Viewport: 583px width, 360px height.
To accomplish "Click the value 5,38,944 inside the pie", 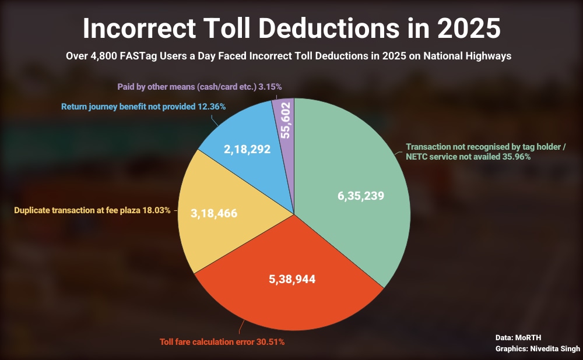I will tap(292, 280).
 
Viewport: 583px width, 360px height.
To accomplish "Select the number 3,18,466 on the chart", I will tap(214, 213).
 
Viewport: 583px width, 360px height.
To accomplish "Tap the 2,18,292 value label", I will tap(247, 149).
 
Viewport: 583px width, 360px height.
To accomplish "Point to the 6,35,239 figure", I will tap(361, 196).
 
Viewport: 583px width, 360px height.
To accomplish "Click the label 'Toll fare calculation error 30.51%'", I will tap(222, 342).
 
